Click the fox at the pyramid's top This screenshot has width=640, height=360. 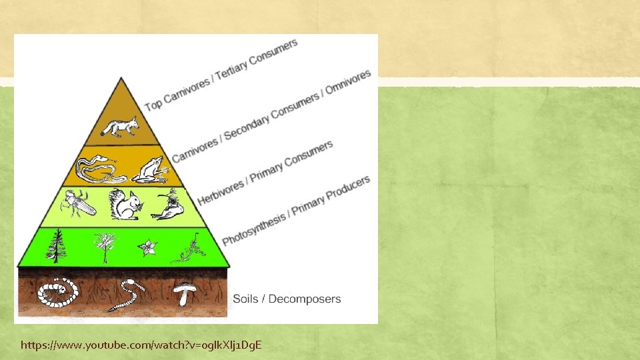tap(120, 126)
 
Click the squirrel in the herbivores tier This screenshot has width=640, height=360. tap(125, 205)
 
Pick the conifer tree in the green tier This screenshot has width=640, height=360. tap(56, 246)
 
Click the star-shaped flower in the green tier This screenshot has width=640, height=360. tap(147, 248)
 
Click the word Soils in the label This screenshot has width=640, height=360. tap(247, 299)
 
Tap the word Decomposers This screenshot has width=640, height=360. tap(305, 299)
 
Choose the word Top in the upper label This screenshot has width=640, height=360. tap(153, 104)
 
